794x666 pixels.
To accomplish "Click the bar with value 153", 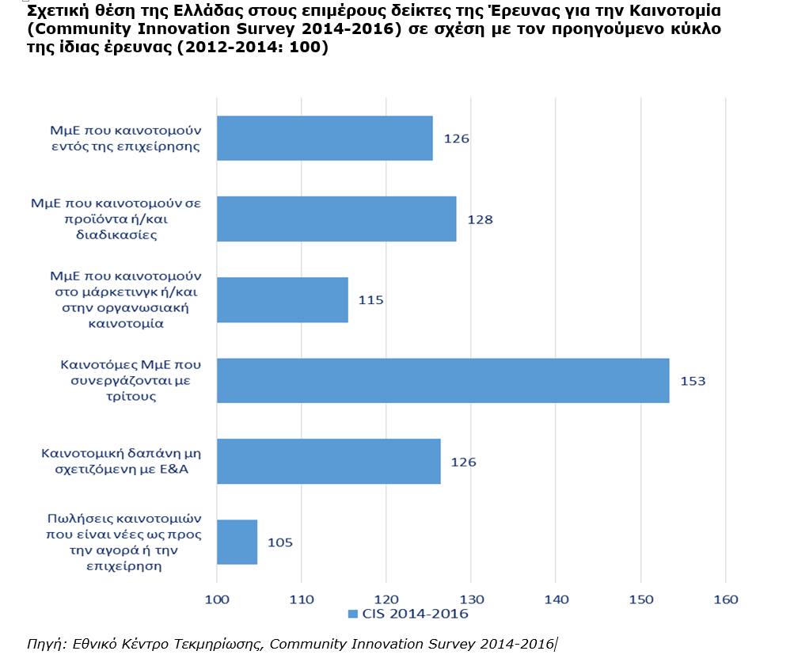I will click(x=443, y=381).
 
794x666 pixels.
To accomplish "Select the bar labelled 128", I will click(x=336, y=219).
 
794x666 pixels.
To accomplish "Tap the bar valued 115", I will click(x=282, y=300).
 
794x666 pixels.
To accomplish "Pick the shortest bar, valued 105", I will click(x=237, y=542).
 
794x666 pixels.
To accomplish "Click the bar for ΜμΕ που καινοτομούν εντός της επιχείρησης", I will click(x=324, y=139).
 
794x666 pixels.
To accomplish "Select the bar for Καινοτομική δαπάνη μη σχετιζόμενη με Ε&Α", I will click(x=328, y=461).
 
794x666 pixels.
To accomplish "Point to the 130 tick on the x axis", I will click(x=471, y=599).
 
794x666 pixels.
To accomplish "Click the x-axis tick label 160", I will click(x=726, y=599).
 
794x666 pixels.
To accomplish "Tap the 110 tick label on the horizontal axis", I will click(x=302, y=599).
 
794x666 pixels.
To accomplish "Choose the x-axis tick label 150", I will click(x=641, y=599).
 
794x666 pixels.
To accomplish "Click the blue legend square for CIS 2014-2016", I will click(x=352, y=615).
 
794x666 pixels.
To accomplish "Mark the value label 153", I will click(x=692, y=381).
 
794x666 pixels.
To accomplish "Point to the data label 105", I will click(x=279, y=542).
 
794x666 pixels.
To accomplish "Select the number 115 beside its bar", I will click(x=370, y=300).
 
